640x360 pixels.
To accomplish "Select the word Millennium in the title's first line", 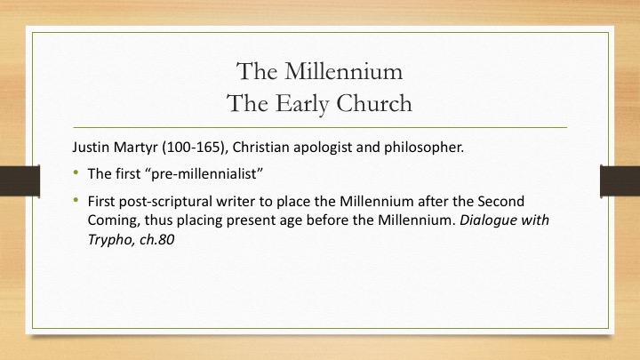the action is point(343,71).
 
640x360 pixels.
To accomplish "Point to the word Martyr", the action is point(136,148).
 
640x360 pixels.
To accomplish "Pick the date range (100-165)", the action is point(195,148).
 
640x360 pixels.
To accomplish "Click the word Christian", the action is point(260,147).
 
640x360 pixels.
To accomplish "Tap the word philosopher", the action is point(424,148).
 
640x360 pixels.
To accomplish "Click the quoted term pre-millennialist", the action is point(204,174).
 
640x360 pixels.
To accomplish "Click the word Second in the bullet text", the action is point(500,202).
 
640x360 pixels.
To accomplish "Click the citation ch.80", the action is point(156,240).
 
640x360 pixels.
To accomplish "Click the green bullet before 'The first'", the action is point(76,172).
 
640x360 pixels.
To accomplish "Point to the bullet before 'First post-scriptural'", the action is point(76,200).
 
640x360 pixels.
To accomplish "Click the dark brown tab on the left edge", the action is point(20,180).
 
